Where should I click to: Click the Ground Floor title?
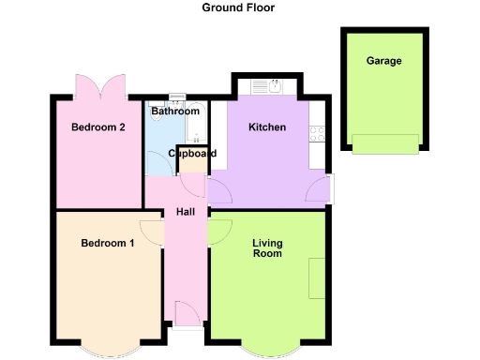coord(239,7)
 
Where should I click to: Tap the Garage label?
coord(384,61)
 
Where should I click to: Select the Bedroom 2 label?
coord(97,127)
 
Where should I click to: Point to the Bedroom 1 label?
coord(107,244)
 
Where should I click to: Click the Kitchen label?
coord(266,127)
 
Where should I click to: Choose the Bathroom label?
coord(173,112)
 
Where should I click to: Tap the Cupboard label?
coord(192,154)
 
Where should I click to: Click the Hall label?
coord(185,212)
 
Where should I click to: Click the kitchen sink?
coord(272,88)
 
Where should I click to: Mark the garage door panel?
coord(384,143)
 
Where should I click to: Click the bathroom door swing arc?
coord(156,164)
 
